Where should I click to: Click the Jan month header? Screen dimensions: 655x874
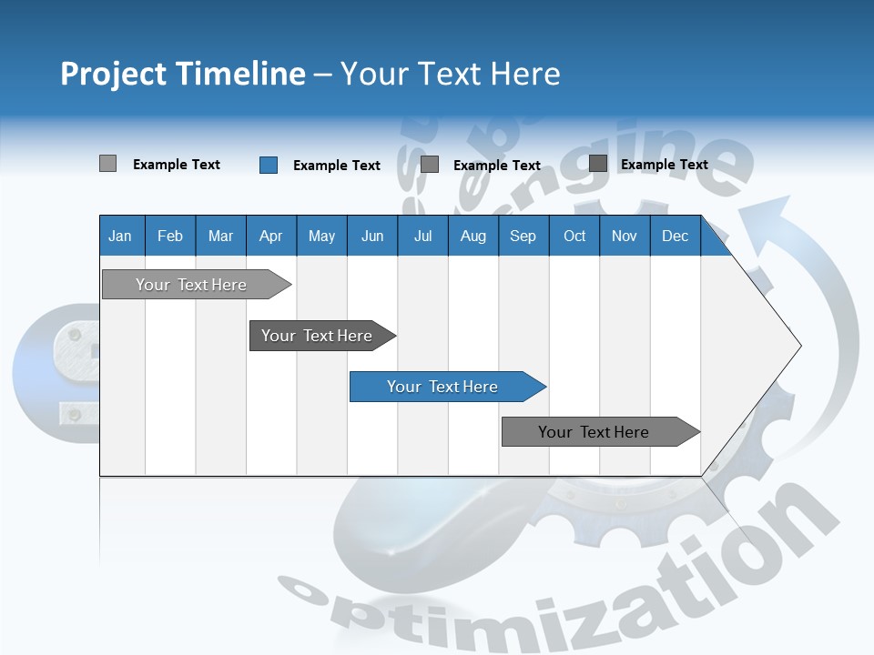(120, 236)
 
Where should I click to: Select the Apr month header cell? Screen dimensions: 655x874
(271, 236)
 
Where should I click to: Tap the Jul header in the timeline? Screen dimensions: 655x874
(422, 236)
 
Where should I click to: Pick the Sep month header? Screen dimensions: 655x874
(523, 236)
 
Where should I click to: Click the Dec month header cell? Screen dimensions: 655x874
(675, 236)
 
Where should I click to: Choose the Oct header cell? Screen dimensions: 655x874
(574, 236)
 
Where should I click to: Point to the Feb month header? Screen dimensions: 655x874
(170, 236)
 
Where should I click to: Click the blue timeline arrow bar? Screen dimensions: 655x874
(443, 387)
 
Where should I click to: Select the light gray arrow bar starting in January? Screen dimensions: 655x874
(192, 285)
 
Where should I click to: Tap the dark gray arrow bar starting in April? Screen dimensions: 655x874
(318, 336)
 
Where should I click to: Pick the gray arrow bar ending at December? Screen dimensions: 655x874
(595, 432)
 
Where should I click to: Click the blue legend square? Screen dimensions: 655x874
(269, 165)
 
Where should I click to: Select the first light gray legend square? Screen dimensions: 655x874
(107, 164)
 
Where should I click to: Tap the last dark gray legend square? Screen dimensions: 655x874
(598, 164)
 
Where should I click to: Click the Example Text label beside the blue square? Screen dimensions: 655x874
(337, 166)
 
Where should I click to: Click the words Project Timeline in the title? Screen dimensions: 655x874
(182, 74)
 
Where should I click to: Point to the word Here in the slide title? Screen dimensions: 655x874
(525, 74)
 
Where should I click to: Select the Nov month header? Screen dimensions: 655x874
(625, 236)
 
